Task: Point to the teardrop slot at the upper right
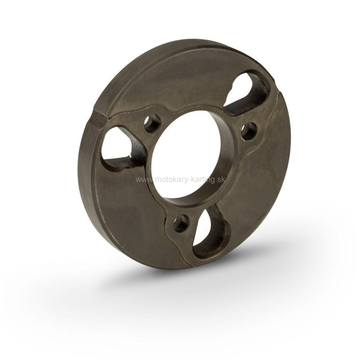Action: (x=248, y=94)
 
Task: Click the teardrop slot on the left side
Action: (x=120, y=148)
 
